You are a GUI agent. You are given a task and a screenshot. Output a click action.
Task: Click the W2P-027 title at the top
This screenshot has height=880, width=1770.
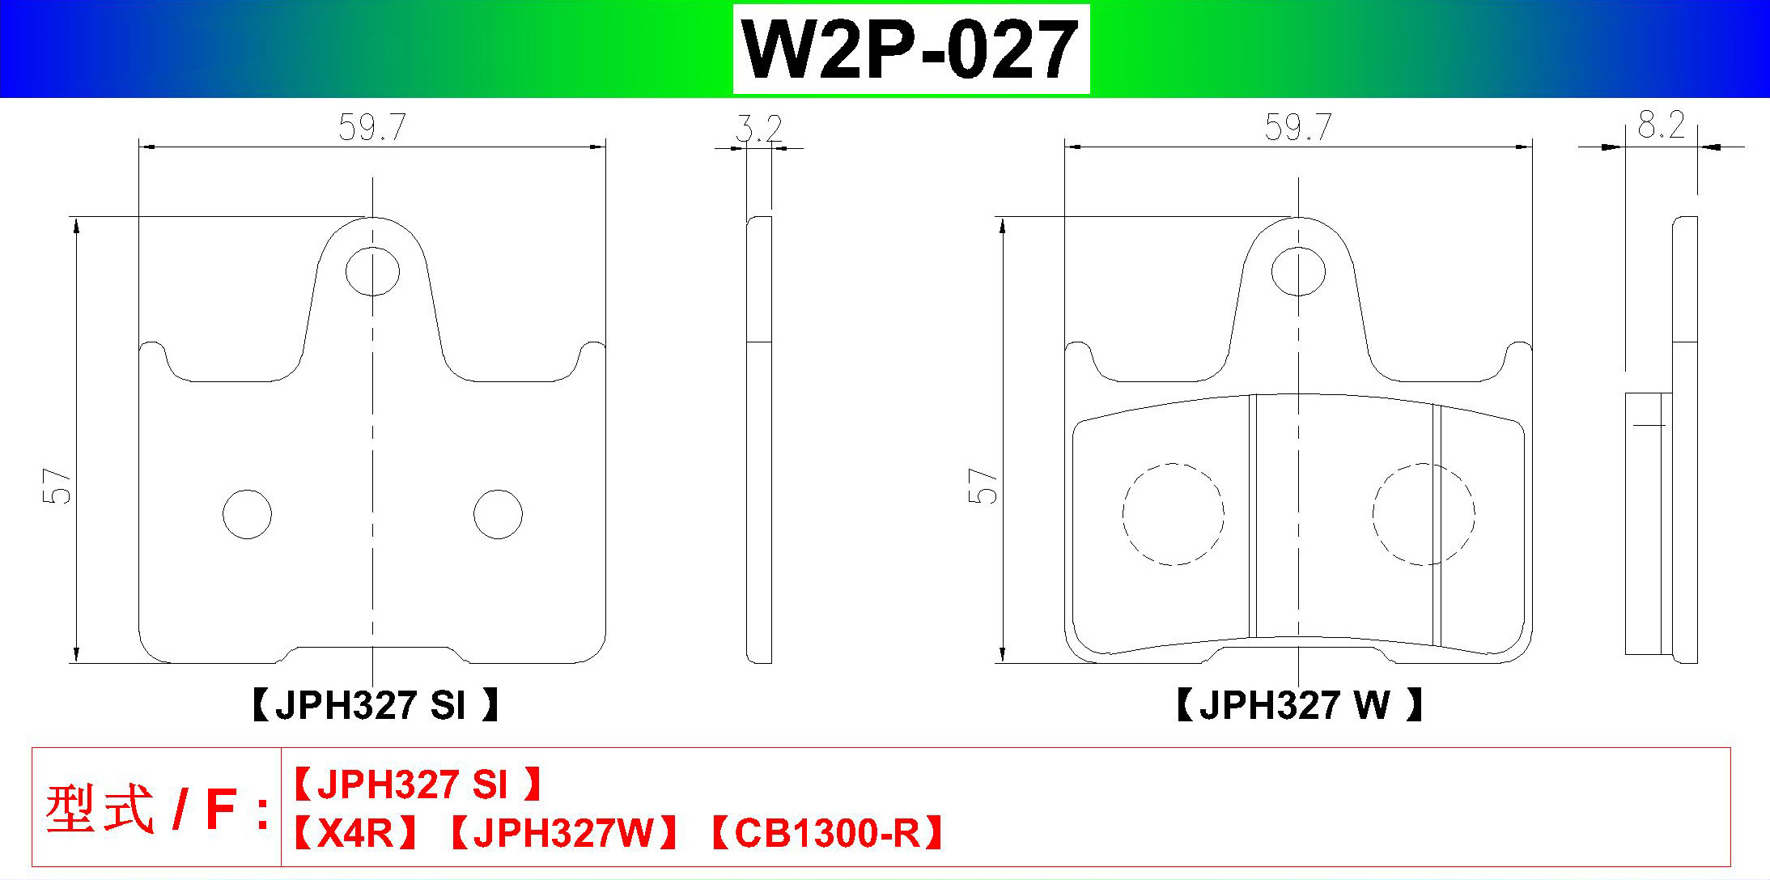[x=910, y=49]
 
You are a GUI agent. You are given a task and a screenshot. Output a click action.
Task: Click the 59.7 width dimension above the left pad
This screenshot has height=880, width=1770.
[x=372, y=128]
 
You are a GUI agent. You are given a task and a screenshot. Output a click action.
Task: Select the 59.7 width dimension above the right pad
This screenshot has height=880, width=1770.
[x=1298, y=128]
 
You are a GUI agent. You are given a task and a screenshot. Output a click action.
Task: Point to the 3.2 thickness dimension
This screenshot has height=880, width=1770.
[x=759, y=130]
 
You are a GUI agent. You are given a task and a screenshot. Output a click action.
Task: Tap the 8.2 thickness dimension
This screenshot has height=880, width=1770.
[x=1662, y=125]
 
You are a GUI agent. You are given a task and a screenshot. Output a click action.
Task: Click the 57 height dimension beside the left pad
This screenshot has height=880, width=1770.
[x=57, y=486]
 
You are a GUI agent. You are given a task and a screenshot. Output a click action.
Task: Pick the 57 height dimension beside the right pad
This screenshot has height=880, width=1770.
[x=983, y=486]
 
